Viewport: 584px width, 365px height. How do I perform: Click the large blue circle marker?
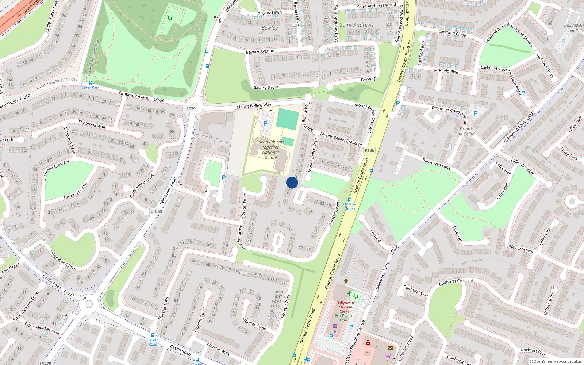coord(292,182)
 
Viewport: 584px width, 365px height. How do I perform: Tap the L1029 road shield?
coord(190,108)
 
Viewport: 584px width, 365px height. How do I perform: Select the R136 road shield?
coord(369,150)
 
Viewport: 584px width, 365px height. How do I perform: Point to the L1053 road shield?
coord(156,211)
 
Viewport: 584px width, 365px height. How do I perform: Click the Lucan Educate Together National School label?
coord(270,150)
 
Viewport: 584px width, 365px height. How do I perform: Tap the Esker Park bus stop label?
coord(91,87)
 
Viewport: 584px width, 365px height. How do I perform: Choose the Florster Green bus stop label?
coord(349,206)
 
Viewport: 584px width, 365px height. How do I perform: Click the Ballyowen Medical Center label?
coord(345,307)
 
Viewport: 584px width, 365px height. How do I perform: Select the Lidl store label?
coord(335,332)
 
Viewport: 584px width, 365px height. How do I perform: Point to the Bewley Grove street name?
coord(266,88)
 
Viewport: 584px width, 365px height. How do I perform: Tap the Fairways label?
coord(369,79)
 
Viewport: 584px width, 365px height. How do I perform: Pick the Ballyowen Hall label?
coord(574,28)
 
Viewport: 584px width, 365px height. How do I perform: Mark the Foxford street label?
coord(375,236)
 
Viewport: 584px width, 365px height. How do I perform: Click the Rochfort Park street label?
coord(533,351)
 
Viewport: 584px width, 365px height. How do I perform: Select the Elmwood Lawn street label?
coord(75,191)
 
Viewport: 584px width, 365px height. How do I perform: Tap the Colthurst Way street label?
coord(415,291)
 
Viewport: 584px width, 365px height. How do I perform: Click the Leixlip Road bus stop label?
coord(153,342)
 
